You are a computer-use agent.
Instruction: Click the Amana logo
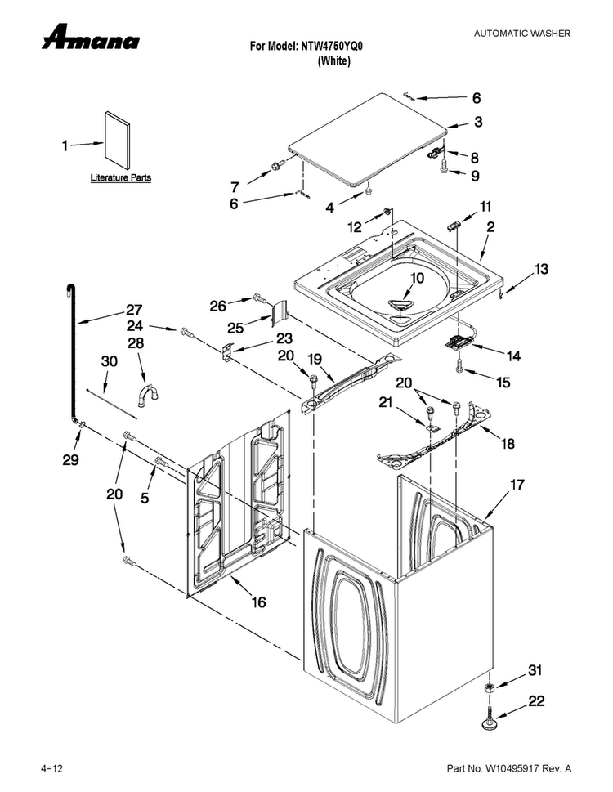pos(91,37)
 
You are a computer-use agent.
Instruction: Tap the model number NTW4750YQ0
pos(332,47)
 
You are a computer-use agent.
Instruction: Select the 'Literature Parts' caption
pos(121,178)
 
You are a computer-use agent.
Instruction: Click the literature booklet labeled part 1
pos(117,140)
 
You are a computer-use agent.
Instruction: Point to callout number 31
pos(535,670)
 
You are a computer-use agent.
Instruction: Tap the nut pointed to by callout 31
pos(489,687)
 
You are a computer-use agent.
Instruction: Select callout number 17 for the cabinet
pos(517,485)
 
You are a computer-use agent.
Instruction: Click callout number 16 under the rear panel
pos(258,602)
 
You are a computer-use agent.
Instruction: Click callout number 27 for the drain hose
pos(134,309)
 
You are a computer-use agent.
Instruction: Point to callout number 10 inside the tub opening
pos(417,278)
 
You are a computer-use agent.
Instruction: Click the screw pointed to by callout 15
pos(459,367)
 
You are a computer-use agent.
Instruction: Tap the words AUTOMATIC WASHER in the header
pos(521,34)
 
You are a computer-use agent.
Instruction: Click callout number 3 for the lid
pos(477,121)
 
